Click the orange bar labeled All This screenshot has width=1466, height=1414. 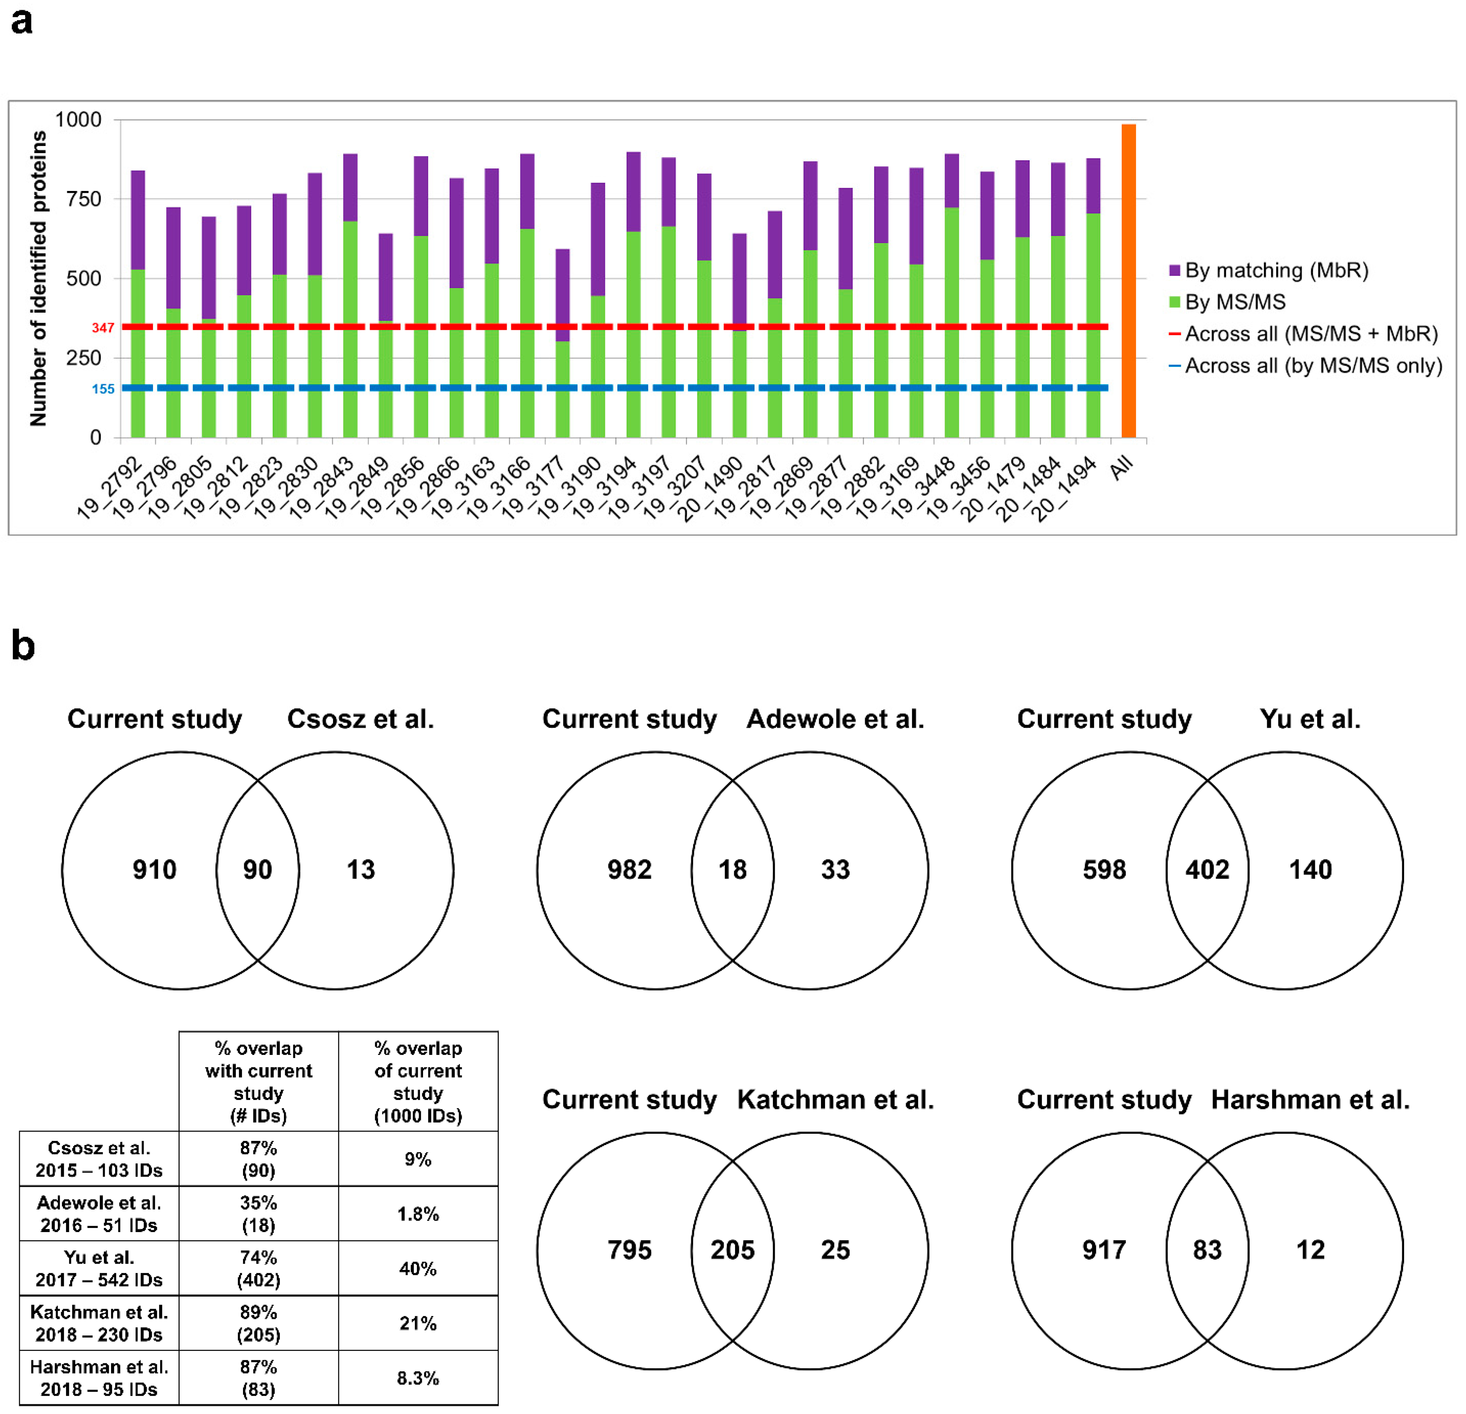(x=1128, y=281)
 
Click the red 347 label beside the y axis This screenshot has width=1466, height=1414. (x=102, y=328)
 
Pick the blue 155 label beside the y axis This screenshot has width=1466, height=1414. (x=102, y=389)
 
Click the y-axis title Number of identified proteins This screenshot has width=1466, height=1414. (x=38, y=278)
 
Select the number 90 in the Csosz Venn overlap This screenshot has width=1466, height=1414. (x=257, y=869)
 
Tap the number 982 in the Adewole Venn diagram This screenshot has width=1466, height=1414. (x=629, y=869)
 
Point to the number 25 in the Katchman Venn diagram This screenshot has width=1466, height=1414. (x=836, y=1249)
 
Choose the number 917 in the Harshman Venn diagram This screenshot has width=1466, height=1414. (x=1104, y=1249)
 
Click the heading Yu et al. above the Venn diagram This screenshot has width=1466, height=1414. (x=1310, y=719)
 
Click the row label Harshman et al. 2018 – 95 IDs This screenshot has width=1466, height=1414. (x=99, y=1377)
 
